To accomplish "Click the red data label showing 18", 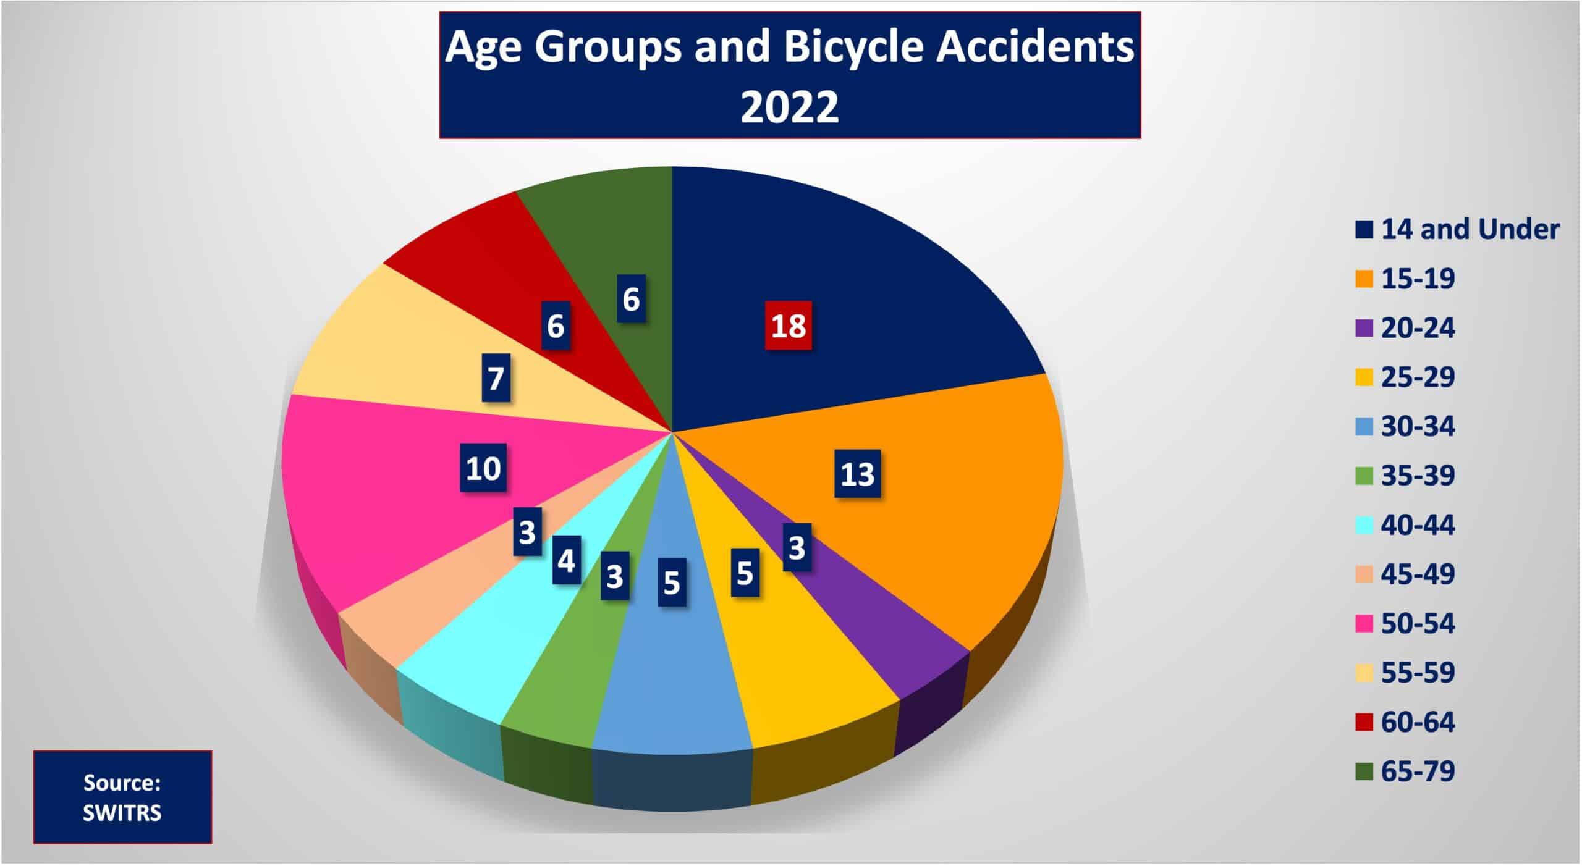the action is pos(788,325).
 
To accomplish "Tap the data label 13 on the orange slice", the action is pos(857,474).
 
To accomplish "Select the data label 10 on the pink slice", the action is pos(483,468).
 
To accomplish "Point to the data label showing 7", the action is pos(496,377).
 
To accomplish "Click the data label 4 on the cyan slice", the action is pos(566,560).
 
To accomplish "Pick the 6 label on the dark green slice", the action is pos(631,299).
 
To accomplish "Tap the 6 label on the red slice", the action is pos(555,326).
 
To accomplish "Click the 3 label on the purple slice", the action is pos(797,547).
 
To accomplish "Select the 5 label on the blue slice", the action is pos(671,582).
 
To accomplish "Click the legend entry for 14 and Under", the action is pos(1457,229).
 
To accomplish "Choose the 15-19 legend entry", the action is pos(1405,279).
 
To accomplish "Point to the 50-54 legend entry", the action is pos(1405,623).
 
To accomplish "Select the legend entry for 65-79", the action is pos(1405,771).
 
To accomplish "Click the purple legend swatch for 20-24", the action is pos(1364,328).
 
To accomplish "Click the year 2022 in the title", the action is pos(789,106).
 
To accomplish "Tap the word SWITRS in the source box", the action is pos(122,813).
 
